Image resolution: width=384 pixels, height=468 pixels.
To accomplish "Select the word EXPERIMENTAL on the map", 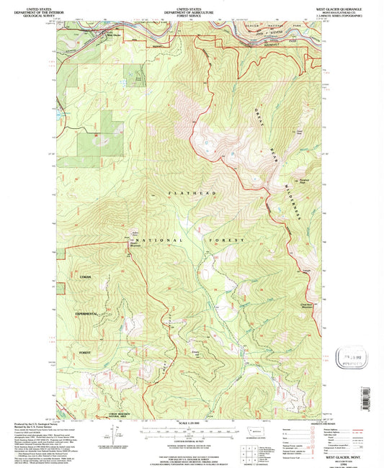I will tap(87, 315).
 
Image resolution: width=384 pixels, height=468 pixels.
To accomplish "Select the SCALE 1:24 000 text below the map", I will tap(190, 422).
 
